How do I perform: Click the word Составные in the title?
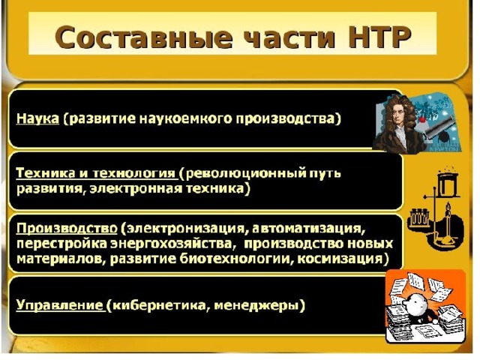143,37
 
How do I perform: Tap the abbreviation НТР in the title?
379,37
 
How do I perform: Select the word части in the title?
290,37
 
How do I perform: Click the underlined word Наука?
37,118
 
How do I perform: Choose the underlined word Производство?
67,228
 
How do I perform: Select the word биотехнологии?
234,259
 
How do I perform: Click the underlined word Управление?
59,305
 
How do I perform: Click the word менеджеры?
256,306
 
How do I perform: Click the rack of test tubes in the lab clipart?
419,217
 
